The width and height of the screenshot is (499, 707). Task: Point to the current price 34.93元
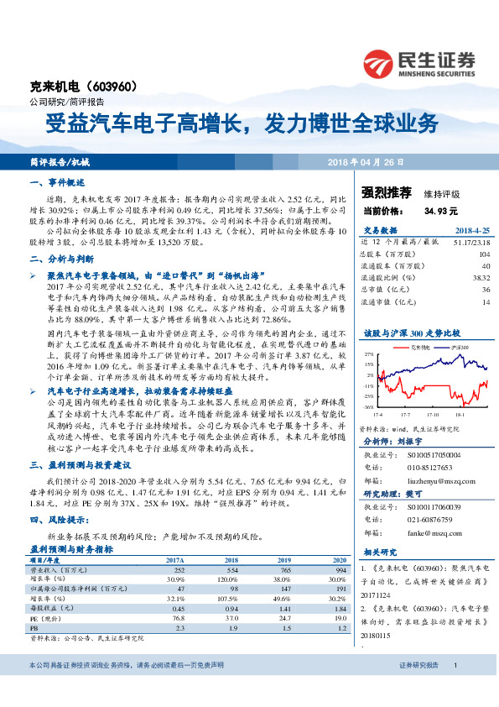(440, 211)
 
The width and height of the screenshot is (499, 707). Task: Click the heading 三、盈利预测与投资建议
(81, 464)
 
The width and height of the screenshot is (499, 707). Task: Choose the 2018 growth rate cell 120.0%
(230, 579)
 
